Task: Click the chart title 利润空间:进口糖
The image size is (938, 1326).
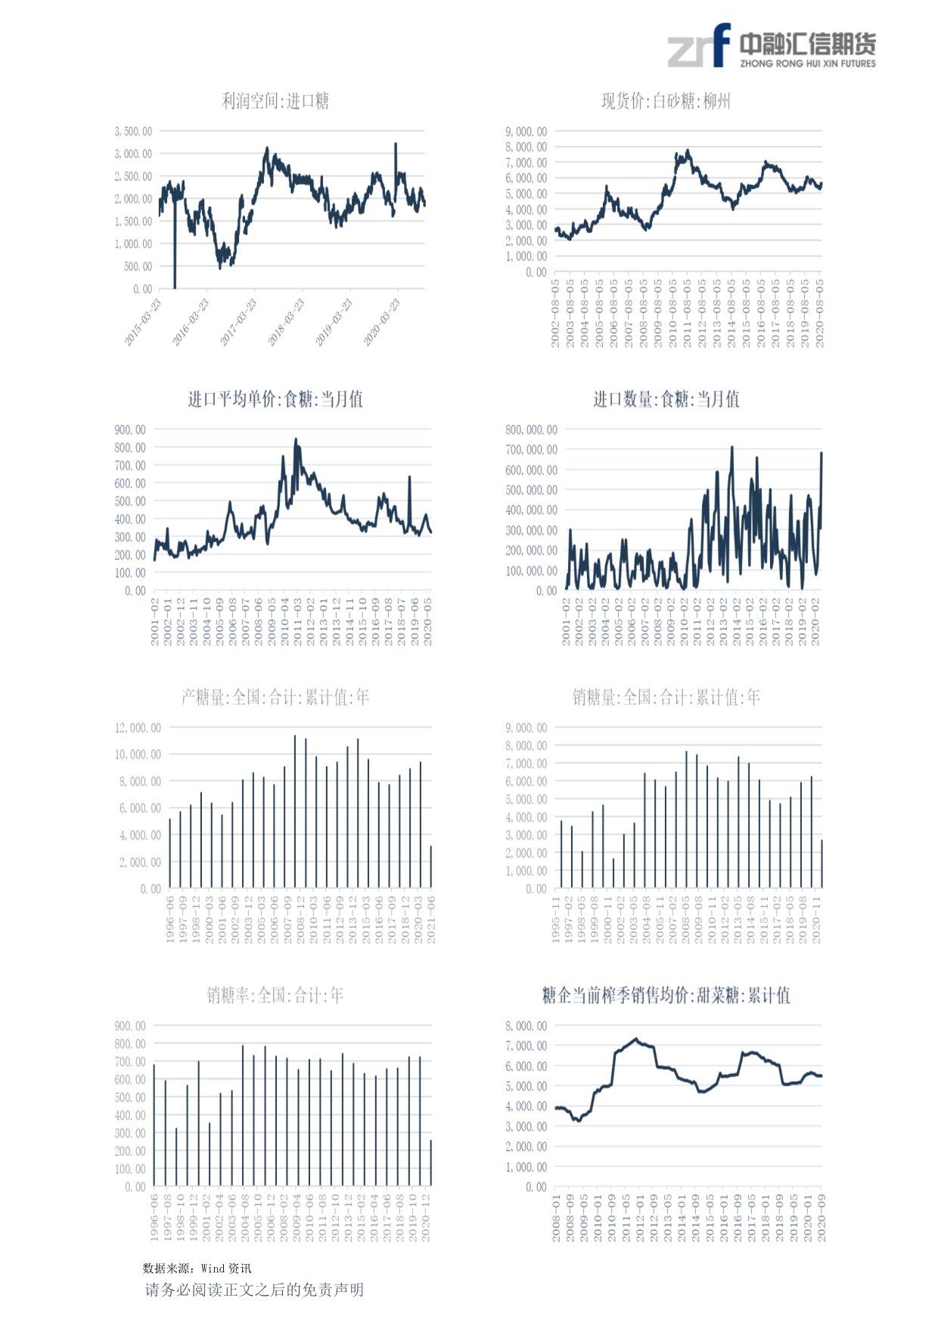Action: (275, 101)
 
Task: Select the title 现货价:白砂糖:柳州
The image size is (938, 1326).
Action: (666, 101)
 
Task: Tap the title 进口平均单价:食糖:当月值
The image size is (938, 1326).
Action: (275, 399)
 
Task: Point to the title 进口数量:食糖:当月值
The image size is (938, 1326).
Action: (666, 399)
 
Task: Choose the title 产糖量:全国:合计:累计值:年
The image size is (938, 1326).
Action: (275, 697)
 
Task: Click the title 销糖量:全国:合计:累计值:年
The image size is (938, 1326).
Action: (666, 697)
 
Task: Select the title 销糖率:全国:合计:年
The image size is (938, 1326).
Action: (275, 995)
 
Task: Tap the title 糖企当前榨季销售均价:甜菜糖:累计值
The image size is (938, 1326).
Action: (666, 995)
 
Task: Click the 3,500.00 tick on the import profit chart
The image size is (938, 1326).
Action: (133, 132)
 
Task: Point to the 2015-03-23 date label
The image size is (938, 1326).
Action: (144, 322)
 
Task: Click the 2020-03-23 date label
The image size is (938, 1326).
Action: (382, 322)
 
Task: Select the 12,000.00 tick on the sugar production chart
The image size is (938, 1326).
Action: (138, 728)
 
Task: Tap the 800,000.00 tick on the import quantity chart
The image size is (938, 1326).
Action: (531, 430)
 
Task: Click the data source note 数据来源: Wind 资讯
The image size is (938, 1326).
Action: (197, 1269)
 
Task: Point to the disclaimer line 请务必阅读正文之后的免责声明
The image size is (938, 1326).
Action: (254, 1290)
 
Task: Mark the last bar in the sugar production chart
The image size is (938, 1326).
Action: (431, 867)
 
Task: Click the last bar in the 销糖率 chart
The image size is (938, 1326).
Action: (431, 1163)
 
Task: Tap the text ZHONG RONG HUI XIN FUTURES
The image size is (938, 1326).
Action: (807, 64)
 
